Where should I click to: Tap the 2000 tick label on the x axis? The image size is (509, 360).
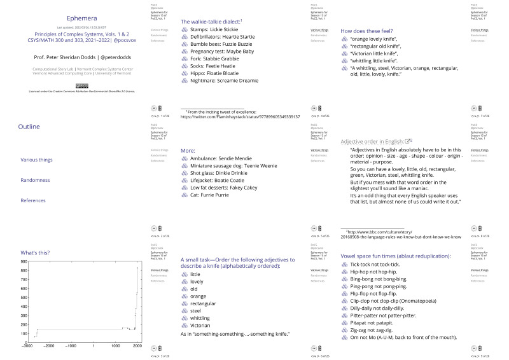(x=137, y=346)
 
